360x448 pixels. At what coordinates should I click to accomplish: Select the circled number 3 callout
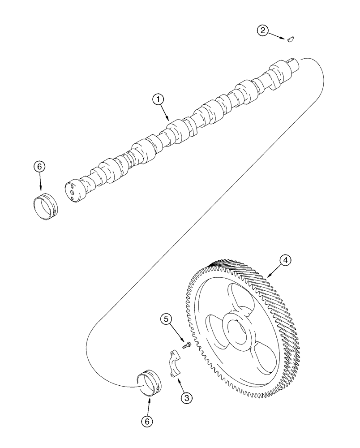[187, 397]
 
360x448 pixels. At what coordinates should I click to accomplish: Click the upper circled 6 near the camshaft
[39, 167]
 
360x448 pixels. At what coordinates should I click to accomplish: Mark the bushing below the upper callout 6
[45, 207]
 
